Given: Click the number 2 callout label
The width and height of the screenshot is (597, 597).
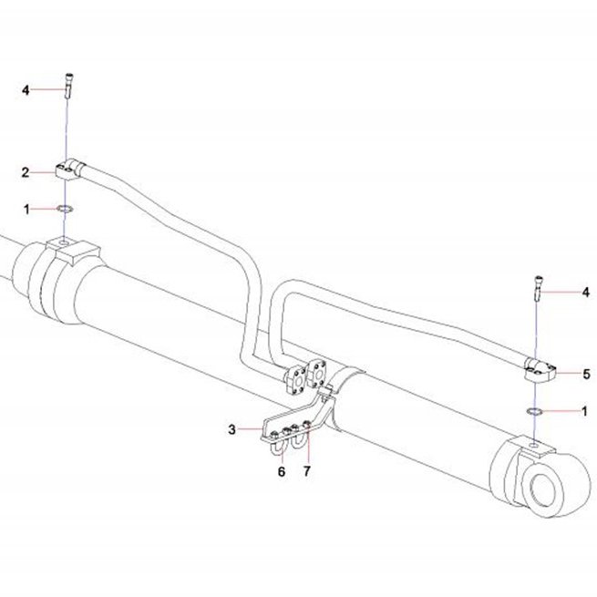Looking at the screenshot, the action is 26,172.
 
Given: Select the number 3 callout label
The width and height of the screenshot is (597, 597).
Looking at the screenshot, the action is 232,429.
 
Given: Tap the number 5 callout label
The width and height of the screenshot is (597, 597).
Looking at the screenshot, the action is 586,374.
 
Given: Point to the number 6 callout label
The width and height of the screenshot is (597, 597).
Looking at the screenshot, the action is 282,472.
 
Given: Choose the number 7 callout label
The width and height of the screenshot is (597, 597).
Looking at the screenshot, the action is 307,471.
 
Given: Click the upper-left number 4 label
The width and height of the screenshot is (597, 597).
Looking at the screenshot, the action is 26,90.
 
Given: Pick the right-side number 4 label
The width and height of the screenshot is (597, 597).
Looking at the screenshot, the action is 585,293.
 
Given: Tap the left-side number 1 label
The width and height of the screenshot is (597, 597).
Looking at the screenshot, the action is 26,209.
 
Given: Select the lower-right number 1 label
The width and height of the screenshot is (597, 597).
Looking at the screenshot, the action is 585,411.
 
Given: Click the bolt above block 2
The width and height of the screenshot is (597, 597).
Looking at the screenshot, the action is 69,86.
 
